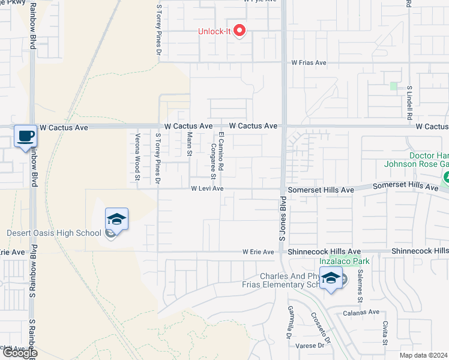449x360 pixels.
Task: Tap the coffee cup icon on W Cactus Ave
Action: pyautogui.click(x=25, y=136)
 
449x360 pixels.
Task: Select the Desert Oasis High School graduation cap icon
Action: pyautogui.click(x=117, y=219)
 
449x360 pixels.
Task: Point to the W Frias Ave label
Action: pyautogui.click(x=309, y=62)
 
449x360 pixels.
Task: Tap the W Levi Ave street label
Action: pyautogui.click(x=207, y=188)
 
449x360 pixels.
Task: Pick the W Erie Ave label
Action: pyautogui.click(x=258, y=253)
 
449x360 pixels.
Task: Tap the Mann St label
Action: pyautogui.click(x=189, y=144)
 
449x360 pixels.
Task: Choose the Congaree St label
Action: pyautogui.click(x=212, y=161)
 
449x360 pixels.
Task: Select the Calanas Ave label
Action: pyautogui.click(x=361, y=312)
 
